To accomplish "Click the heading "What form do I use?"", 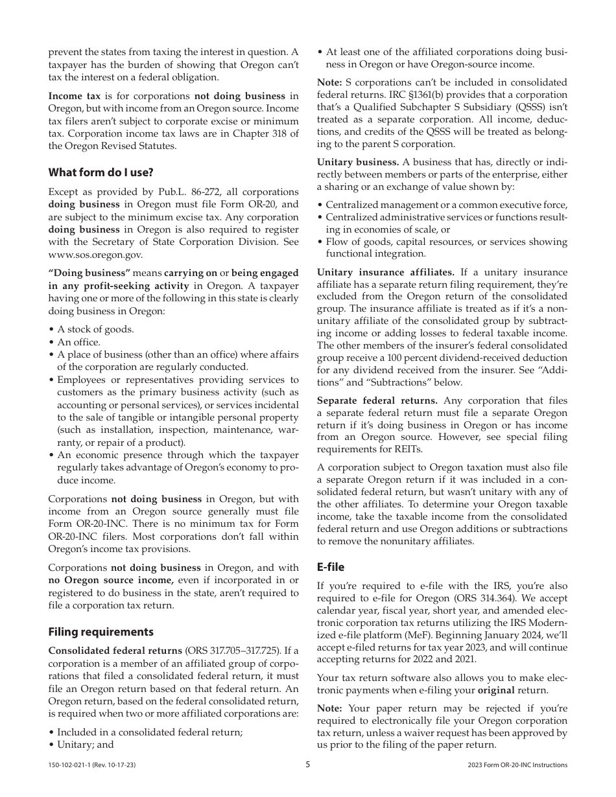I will (x=101, y=172).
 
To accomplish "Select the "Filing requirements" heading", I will (x=101, y=632).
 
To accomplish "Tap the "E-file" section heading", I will (x=331, y=567).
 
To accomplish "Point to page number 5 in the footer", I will (x=308, y=765).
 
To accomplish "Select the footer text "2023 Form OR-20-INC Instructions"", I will (x=517, y=765).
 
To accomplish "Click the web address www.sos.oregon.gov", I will (x=95, y=255).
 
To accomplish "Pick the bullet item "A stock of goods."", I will (x=95, y=329).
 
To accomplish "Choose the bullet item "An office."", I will (x=78, y=342).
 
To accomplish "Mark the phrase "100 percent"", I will (x=419, y=358).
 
